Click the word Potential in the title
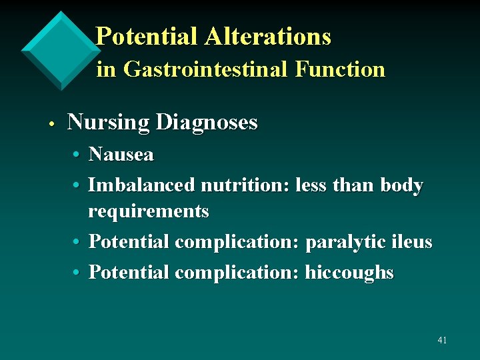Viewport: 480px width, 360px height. point(147,36)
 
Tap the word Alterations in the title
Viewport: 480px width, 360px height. point(267,36)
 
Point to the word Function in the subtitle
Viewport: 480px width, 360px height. point(342,69)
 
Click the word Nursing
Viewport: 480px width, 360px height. point(108,123)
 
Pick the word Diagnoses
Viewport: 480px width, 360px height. point(206,123)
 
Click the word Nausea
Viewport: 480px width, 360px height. point(121,155)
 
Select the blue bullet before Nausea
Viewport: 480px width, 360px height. point(78,155)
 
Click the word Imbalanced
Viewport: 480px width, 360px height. point(141,185)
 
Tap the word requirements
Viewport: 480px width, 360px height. point(149,211)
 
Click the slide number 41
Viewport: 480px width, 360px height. point(442,340)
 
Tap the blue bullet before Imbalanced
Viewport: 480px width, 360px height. point(78,185)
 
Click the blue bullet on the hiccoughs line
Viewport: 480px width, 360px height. point(78,273)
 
